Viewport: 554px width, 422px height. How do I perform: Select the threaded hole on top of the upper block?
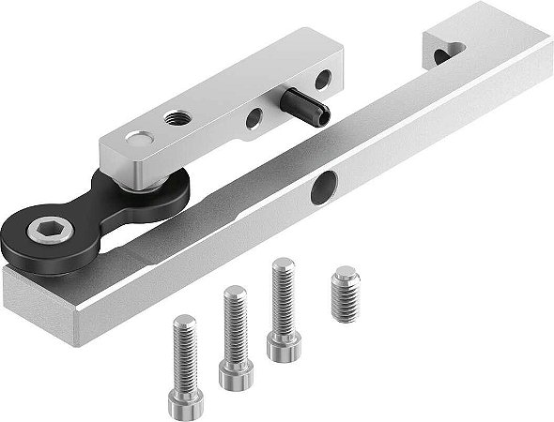175,118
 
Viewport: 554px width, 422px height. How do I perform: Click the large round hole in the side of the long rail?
325,186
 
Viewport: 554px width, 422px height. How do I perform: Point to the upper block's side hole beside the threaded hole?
254,118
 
